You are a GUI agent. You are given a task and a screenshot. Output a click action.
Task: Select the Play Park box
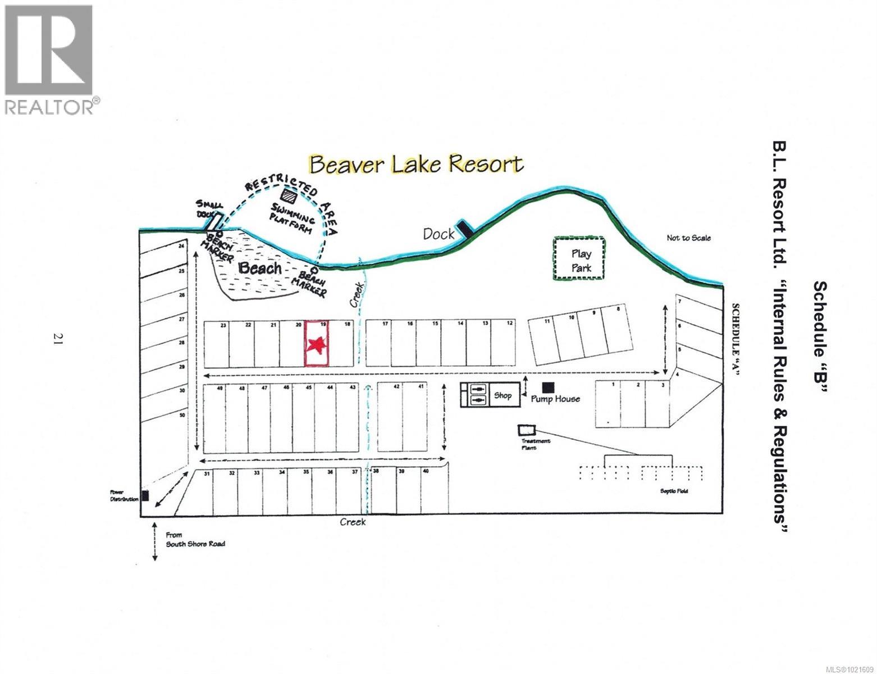pyautogui.click(x=580, y=259)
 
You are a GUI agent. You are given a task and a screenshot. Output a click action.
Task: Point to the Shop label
pyautogui.click(x=503, y=395)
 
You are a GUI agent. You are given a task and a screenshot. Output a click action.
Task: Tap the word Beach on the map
pyautogui.click(x=259, y=268)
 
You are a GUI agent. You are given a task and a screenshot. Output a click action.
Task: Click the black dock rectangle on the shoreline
pyautogui.click(x=464, y=227)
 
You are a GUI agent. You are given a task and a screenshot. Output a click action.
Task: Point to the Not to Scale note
pyautogui.click(x=688, y=238)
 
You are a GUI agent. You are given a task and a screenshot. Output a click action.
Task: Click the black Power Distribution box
pyautogui.click(x=145, y=495)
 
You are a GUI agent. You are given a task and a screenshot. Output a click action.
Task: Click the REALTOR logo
pyautogui.click(x=50, y=59)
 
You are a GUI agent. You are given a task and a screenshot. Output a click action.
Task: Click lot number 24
pyautogui.click(x=181, y=246)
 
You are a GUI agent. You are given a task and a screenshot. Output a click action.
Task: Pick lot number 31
pyautogui.click(x=207, y=473)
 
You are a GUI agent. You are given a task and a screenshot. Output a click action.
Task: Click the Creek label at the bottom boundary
pyautogui.click(x=353, y=522)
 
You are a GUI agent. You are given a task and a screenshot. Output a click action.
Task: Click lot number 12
pyautogui.click(x=509, y=324)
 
